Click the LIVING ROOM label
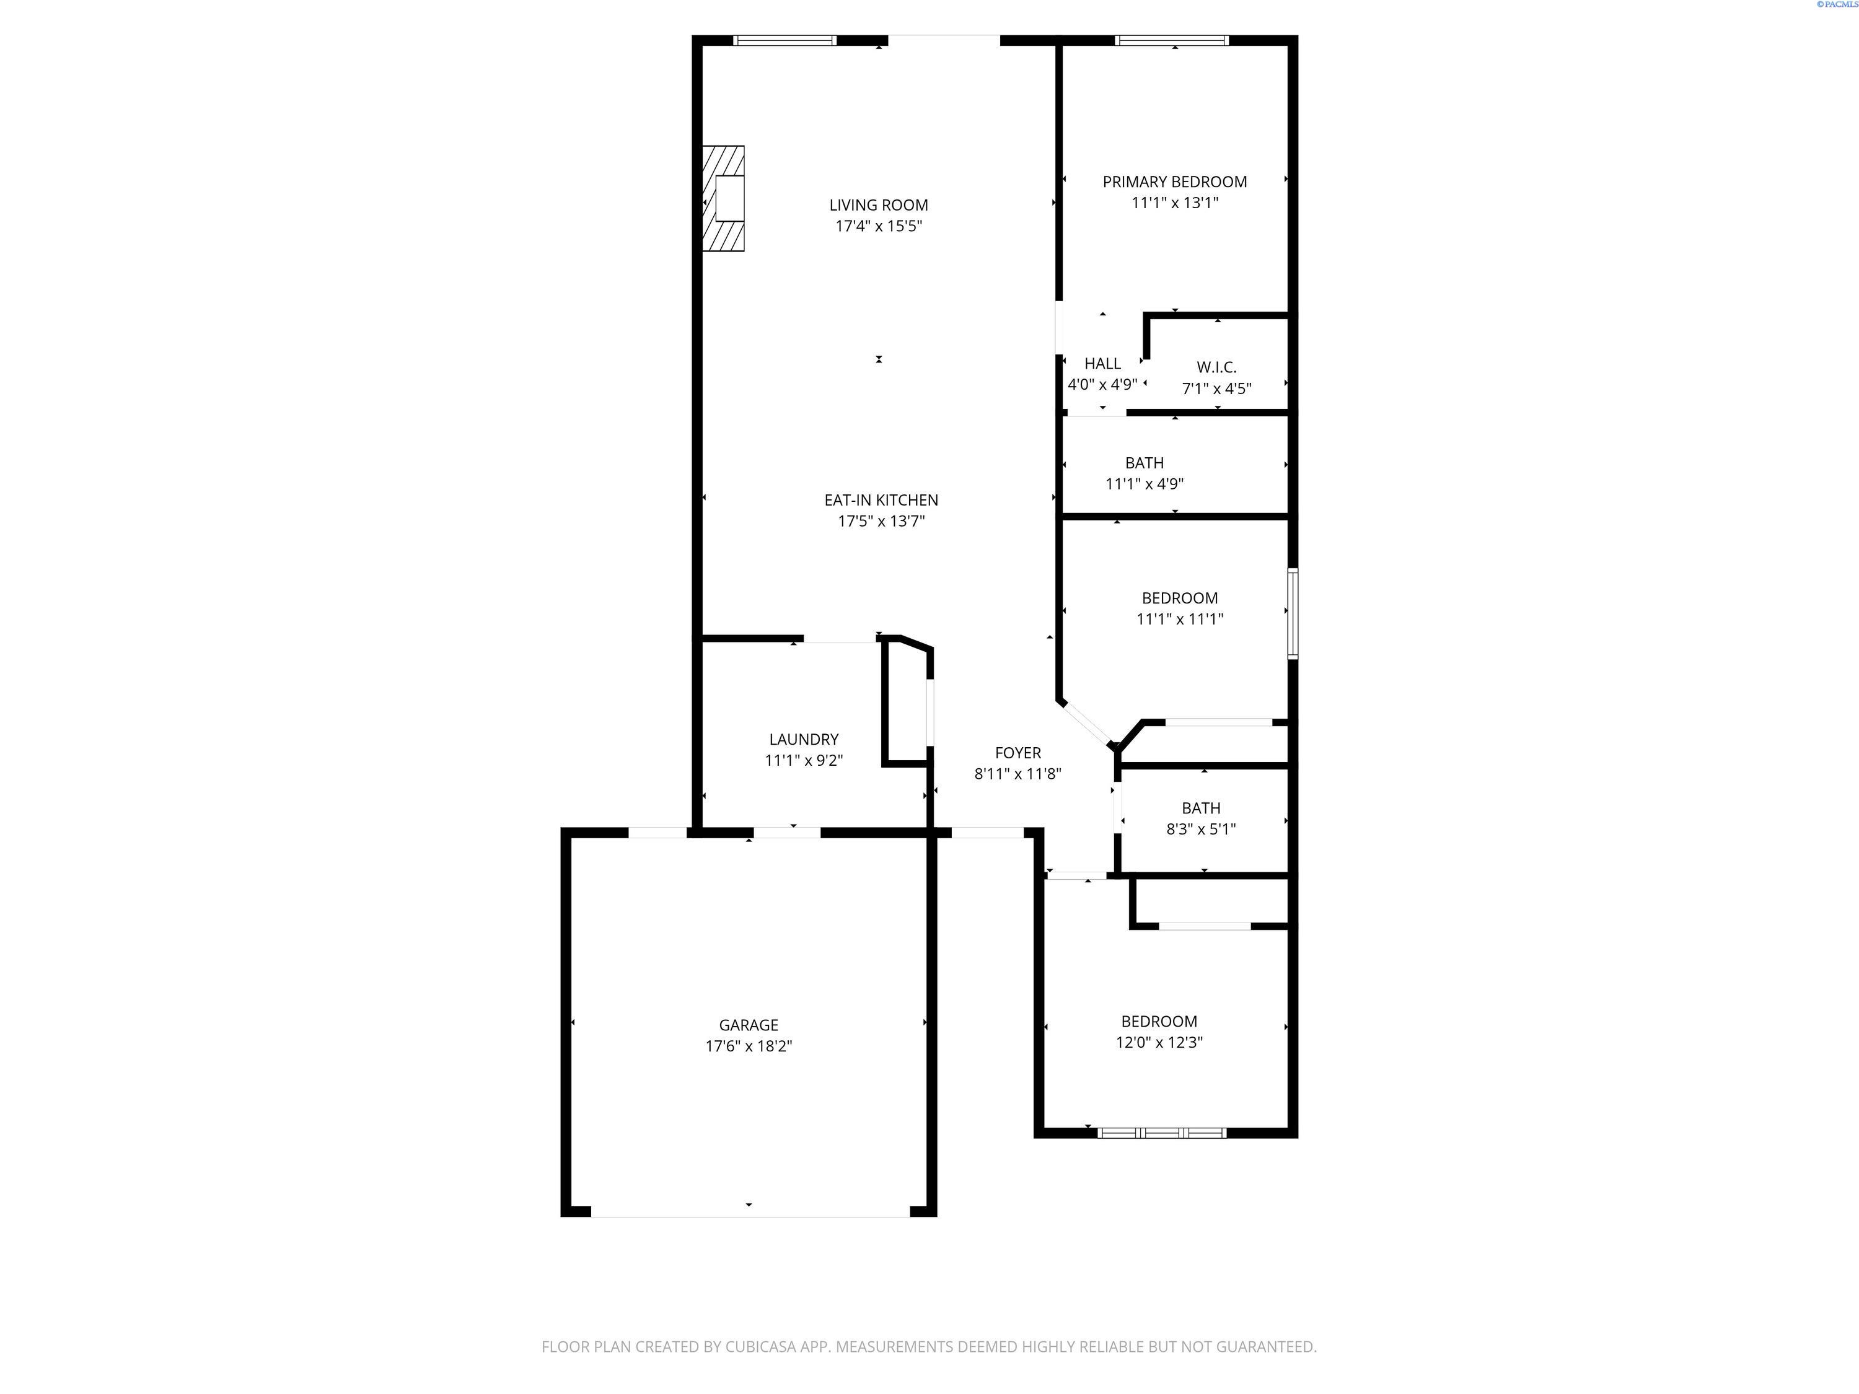(x=878, y=205)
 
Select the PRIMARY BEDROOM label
(x=1174, y=182)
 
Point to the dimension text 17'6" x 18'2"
(x=748, y=1046)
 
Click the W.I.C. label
(x=1216, y=367)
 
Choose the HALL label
(x=1102, y=364)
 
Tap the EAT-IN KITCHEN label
(x=881, y=500)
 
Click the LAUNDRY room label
(x=804, y=739)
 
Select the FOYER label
(x=1017, y=753)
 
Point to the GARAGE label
(x=748, y=1025)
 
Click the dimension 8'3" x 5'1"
(x=1200, y=830)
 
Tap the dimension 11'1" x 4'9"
(x=1145, y=484)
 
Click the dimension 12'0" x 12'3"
(x=1159, y=1043)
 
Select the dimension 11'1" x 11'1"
(x=1179, y=620)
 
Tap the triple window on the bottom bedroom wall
(x=1161, y=1133)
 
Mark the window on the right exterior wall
(x=1293, y=613)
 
